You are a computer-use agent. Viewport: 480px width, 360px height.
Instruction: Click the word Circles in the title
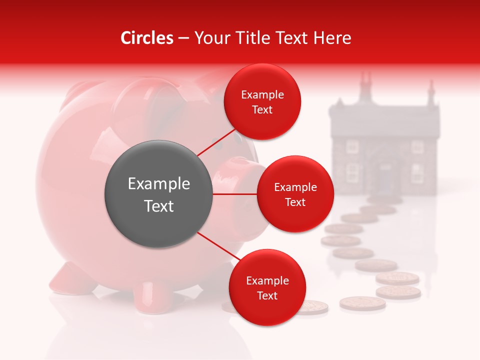click(x=146, y=38)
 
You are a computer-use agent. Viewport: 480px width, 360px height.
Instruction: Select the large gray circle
click(x=158, y=194)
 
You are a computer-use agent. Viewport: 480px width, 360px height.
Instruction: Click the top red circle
click(x=262, y=102)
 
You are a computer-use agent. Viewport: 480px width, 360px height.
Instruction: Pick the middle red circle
click(x=295, y=194)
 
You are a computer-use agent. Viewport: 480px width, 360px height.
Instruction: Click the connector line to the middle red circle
click(x=235, y=194)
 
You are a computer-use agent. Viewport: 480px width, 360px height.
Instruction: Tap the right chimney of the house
click(x=430, y=92)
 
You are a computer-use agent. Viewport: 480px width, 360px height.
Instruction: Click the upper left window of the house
click(x=353, y=146)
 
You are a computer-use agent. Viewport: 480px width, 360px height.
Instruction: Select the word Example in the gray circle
click(x=158, y=184)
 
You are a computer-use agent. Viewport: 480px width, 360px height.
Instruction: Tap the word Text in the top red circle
click(x=262, y=109)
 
